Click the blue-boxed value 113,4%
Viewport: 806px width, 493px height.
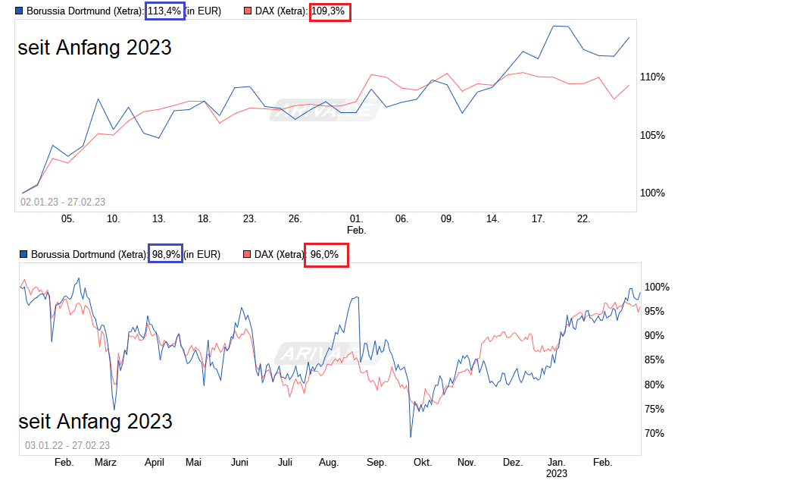click(164, 11)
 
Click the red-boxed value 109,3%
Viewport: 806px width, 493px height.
click(330, 11)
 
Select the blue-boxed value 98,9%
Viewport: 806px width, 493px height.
click(166, 255)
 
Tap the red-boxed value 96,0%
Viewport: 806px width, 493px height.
click(326, 255)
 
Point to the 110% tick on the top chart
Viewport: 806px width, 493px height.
click(652, 77)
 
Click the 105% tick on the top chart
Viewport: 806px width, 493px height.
click(652, 135)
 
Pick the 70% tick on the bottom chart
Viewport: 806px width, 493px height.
click(654, 433)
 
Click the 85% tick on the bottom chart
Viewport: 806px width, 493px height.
click(654, 360)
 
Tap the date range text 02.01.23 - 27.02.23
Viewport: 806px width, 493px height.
click(63, 202)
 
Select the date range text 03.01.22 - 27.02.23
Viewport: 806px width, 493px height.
click(67, 445)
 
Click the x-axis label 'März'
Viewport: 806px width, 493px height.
click(106, 462)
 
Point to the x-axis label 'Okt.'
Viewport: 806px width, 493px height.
click(422, 462)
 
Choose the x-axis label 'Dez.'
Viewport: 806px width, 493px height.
click(513, 462)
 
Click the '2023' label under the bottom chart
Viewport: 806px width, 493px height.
click(557, 473)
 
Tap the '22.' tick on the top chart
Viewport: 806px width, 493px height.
click(584, 218)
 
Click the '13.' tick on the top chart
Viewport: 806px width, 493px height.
click(159, 218)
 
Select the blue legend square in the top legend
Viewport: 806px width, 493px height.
click(19, 11)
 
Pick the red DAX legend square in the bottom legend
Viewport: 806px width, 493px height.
click(248, 255)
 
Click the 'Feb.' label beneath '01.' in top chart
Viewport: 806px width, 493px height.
click(356, 229)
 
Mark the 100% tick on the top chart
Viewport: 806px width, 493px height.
click(652, 193)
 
